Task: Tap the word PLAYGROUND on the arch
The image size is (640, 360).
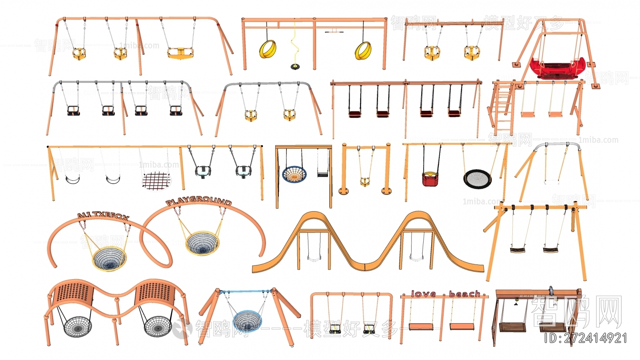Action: pyautogui.click(x=199, y=202)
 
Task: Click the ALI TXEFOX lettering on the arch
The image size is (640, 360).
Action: pyautogui.click(x=103, y=216)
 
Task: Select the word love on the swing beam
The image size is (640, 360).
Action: pyautogui.click(x=423, y=294)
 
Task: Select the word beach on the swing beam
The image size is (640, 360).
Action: pyautogui.click(x=464, y=294)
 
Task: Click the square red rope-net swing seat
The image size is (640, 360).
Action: pyautogui.click(x=156, y=180)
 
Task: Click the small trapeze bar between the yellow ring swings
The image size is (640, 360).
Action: pyautogui.click(x=334, y=32)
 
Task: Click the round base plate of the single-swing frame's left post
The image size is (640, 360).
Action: pyautogui.click(x=343, y=190)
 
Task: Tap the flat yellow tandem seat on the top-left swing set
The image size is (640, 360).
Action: pyautogui.click(x=180, y=52)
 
